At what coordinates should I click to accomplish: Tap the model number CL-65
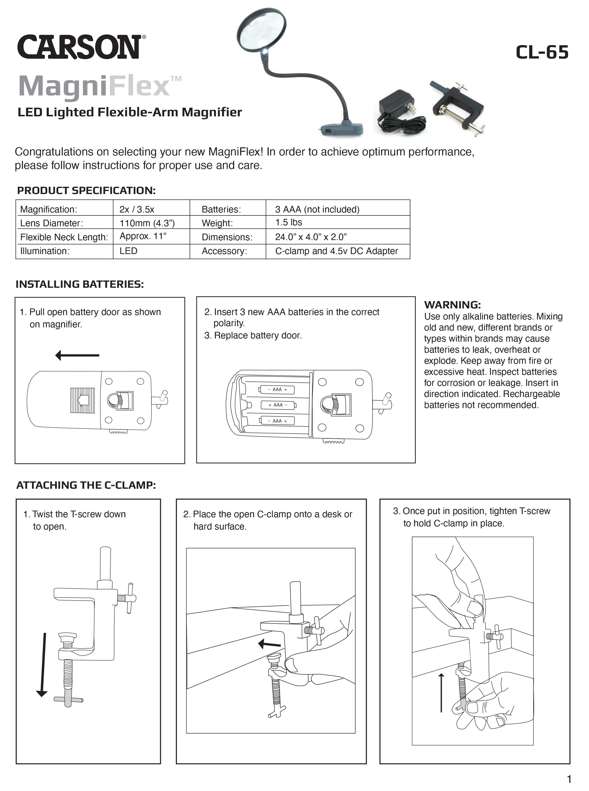542,52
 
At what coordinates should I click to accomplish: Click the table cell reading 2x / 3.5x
137,209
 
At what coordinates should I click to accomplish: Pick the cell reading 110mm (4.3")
147,223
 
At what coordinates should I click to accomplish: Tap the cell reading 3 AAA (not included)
317,209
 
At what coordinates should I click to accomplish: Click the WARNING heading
452,305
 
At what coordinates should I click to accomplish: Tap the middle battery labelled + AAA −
278,405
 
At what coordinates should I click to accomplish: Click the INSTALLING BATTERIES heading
79,284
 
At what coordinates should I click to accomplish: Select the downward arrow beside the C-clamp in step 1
43,664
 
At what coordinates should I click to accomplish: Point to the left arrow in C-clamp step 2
270,644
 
